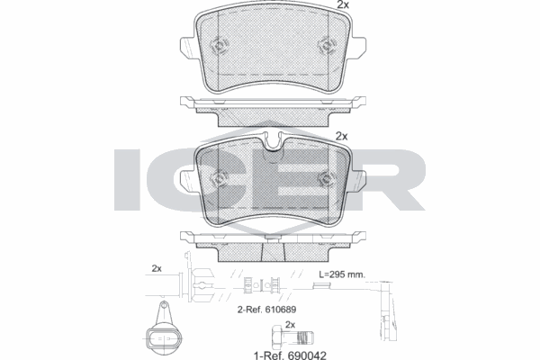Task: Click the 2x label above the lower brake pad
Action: coord(341,136)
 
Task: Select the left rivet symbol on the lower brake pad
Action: coord(217,177)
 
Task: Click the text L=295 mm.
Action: coord(343,274)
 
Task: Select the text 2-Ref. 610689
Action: coord(267,309)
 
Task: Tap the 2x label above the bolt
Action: coord(290,323)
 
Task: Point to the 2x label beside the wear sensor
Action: coord(156,268)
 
